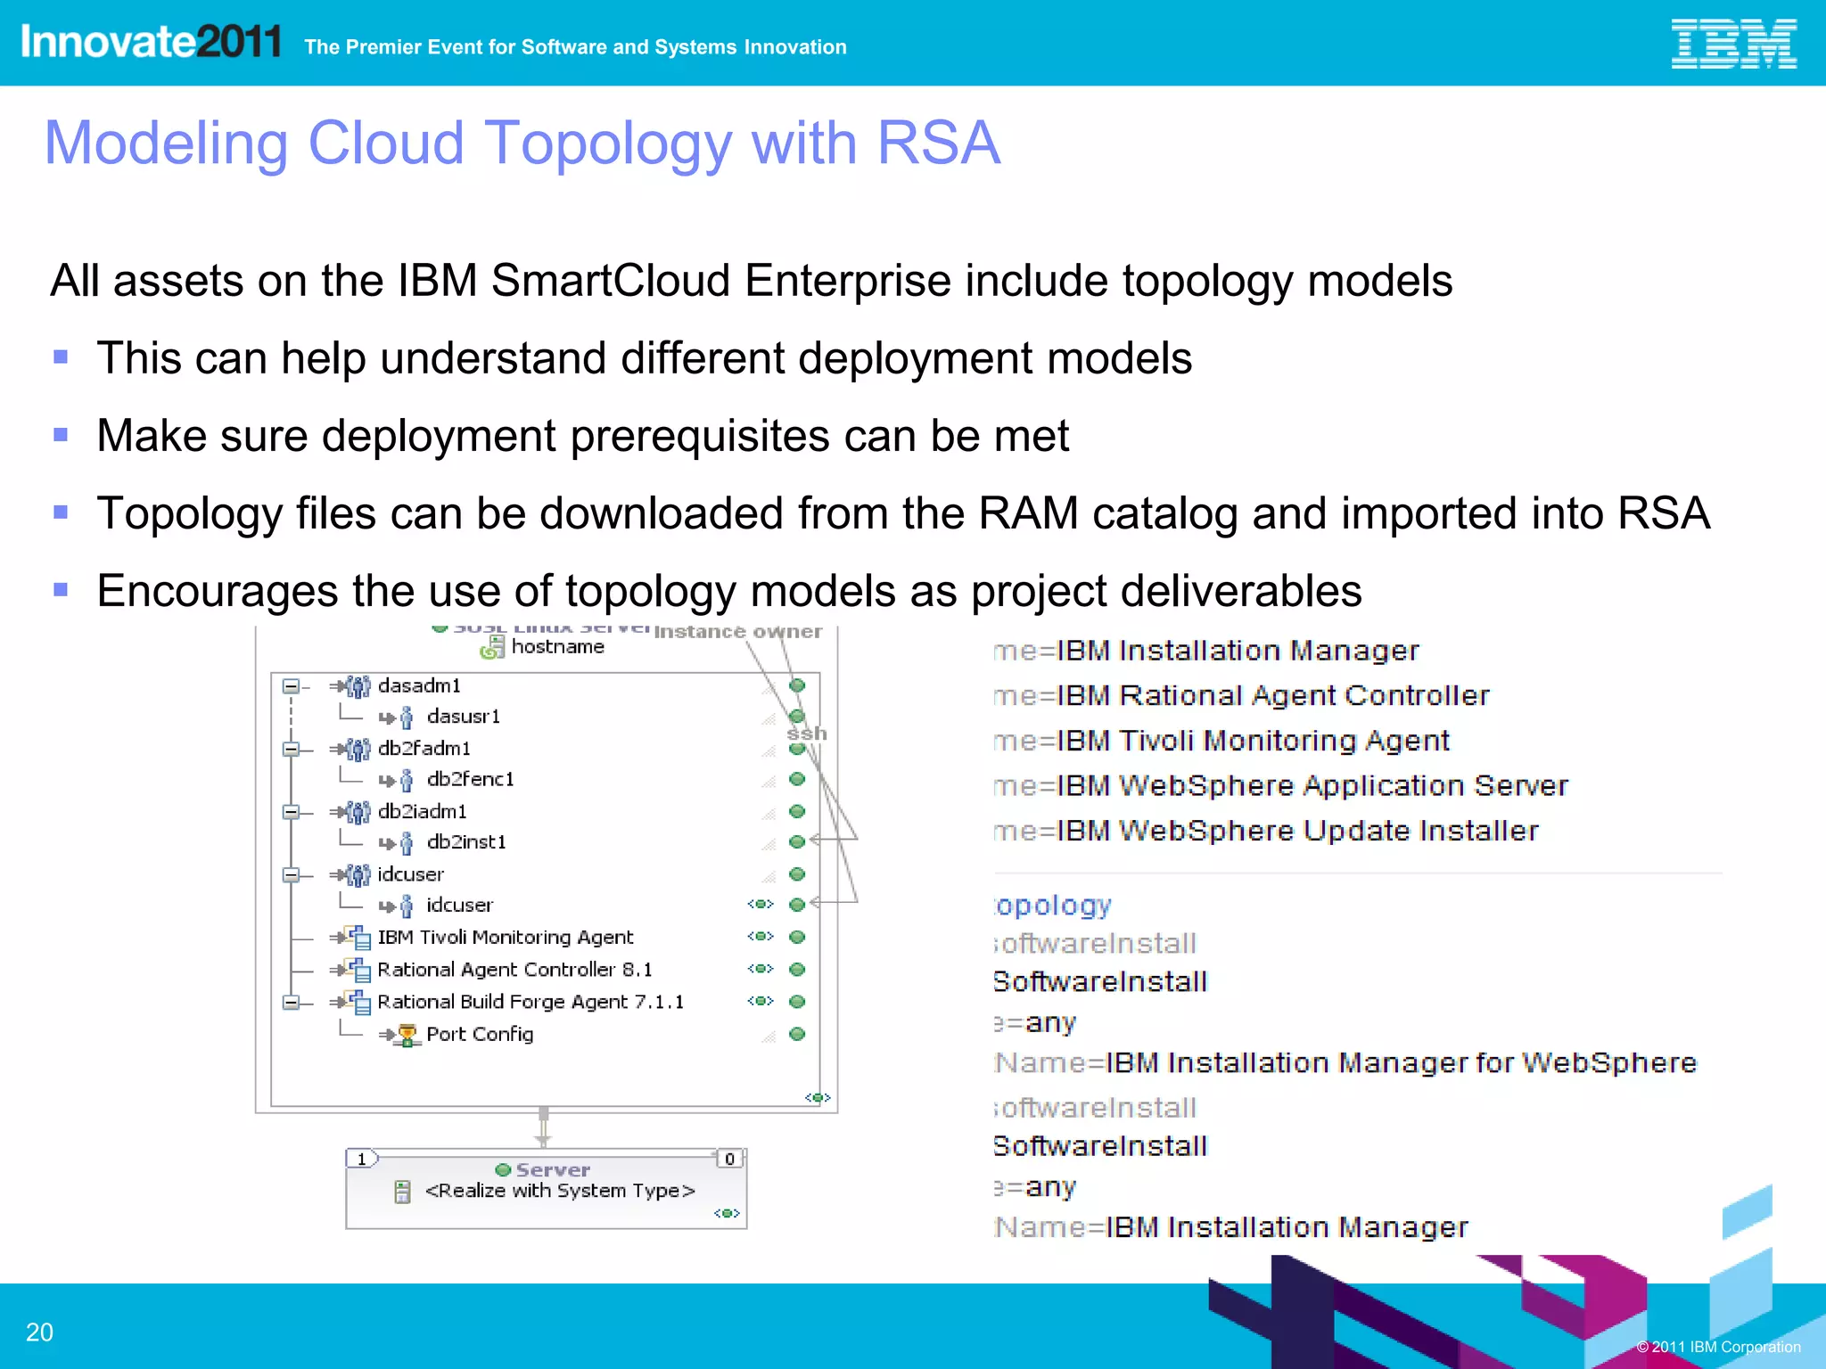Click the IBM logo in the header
coord(1732,44)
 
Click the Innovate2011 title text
coord(150,42)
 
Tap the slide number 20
coord(39,1332)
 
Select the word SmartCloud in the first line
coord(613,281)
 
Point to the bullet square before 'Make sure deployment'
coord(61,435)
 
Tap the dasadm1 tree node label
coord(419,685)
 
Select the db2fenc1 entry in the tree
coord(470,779)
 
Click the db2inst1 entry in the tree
coord(465,842)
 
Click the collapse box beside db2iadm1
coord(291,812)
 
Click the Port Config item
coord(479,1034)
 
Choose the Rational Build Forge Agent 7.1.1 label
coord(530,1002)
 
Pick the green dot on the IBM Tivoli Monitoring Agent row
coord(797,937)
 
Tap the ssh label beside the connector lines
coord(806,734)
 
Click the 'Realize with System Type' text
coord(559,1191)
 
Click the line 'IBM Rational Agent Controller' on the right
coord(1271,695)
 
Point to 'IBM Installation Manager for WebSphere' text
coord(1400,1062)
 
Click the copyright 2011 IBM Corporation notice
coord(1717,1347)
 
